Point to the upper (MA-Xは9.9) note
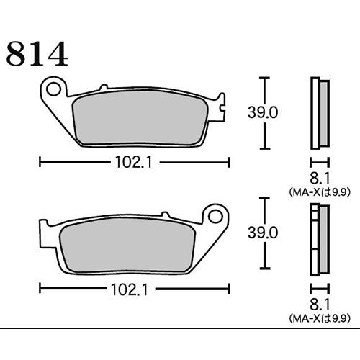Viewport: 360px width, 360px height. (x=319, y=192)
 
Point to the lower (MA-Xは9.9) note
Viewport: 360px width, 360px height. (x=319, y=318)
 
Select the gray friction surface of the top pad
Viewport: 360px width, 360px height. (x=144, y=117)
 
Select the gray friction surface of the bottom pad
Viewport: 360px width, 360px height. (x=122, y=245)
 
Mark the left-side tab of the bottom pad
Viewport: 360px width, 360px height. (x=40, y=237)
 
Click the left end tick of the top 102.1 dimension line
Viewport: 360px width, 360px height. (x=39, y=163)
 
